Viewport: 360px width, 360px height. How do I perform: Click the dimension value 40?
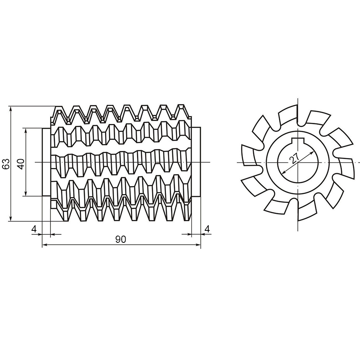[x=21, y=164]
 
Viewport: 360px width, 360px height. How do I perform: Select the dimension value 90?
[x=121, y=240]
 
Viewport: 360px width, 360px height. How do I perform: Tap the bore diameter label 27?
[x=294, y=159]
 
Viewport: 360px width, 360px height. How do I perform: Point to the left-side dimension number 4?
[x=34, y=229]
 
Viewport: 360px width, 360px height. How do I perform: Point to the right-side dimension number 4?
[x=207, y=229]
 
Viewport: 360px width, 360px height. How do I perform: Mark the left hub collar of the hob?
[x=46, y=162]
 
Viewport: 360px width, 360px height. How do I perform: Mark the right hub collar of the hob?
[x=196, y=162]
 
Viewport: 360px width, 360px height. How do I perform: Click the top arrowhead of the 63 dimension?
[x=10, y=109]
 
